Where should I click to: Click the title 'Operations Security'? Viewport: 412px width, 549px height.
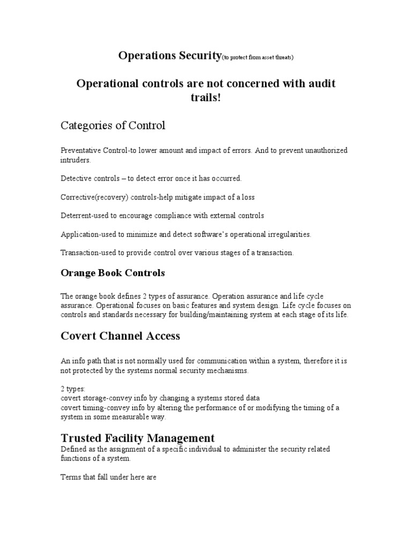pyautogui.click(x=170, y=55)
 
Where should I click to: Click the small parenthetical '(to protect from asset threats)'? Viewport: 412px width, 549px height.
pyautogui.click(x=257, y=57)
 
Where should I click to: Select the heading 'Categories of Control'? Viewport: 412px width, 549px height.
pyautogui.click(x=113, y=125)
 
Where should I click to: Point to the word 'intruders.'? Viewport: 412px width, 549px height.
pyautogui.click(x=76, y=160)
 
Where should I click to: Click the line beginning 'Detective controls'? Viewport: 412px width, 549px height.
pyautogui.click(x=151, y=178)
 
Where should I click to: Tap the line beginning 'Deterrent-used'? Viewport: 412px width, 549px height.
pyautogui.click(x=162, y=216)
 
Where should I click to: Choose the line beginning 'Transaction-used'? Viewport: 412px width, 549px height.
pyautogui.click(x=177, y=253)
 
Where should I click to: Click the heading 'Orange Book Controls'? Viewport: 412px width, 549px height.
pyautogui.click(x=113, y=273)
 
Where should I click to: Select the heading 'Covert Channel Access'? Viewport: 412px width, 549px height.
pyautogui.click(x=120, y=336)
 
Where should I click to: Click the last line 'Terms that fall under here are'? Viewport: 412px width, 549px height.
pyautogui.click(x=108, y=477)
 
